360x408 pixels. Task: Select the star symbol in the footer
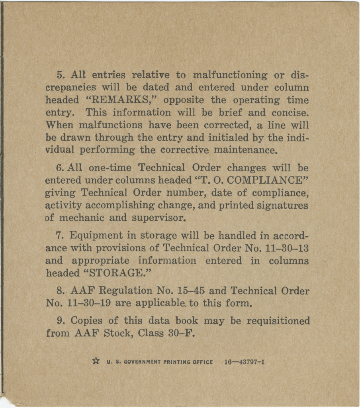click(x=96, y=361)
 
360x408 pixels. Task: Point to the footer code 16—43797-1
click(x=245, y=362)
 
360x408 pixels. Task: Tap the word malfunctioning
click(x=230, y=75)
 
